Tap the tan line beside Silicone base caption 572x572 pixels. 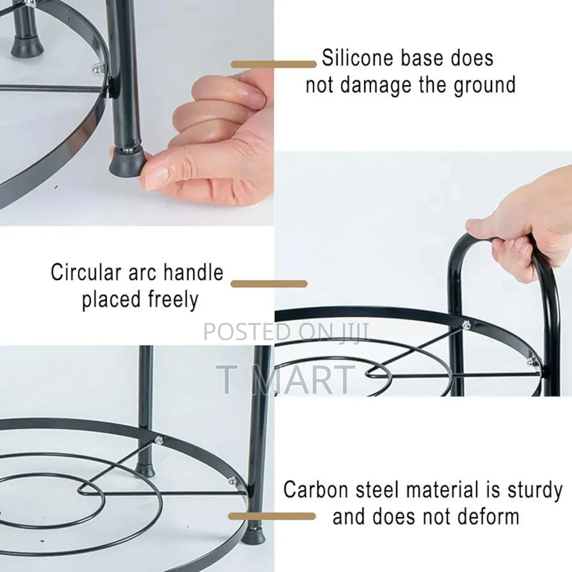point(274,64)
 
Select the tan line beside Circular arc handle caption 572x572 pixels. point(269,284)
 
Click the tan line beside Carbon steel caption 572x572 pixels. point(272,516)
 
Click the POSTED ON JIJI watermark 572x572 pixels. point(286,332)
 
